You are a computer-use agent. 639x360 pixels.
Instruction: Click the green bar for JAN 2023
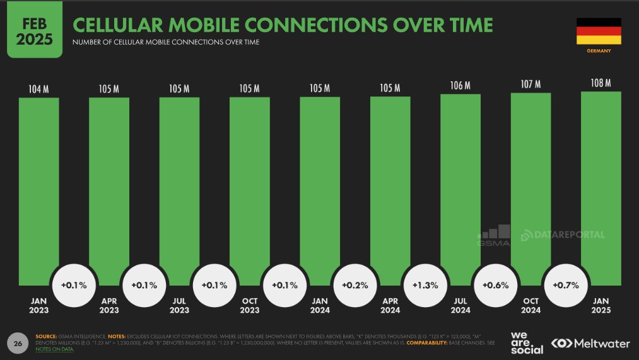point(38,189)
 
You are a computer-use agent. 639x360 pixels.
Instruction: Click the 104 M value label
point(38,89)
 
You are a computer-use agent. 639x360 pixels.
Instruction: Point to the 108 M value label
point(601,83)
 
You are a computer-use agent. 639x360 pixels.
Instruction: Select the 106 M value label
point(460,86)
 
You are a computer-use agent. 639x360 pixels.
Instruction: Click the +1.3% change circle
point(425,285)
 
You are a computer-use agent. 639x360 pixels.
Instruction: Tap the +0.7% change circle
point(566,285)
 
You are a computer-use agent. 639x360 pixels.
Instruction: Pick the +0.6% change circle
point(496,285)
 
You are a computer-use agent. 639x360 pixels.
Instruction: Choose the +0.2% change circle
point(355,285)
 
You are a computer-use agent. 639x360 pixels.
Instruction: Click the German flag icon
point(599,31)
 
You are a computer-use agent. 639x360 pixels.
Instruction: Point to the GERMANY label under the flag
point(599,50)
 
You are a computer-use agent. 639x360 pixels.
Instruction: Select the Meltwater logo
point(590,344)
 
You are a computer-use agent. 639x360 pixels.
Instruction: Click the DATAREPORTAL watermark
point(563,235)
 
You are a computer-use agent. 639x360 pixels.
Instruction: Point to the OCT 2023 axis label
point(250,306)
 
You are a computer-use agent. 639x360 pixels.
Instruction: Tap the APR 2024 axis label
point(390,306)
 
